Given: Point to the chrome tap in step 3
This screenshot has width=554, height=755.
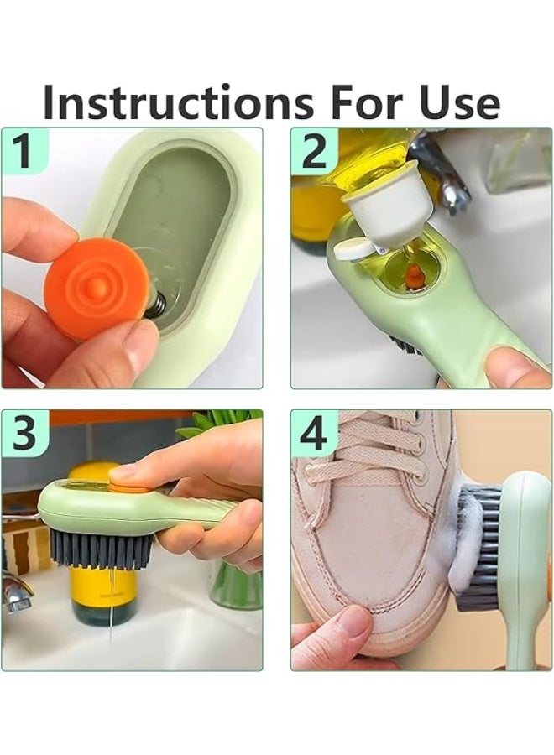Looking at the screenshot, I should coord(17,591).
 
